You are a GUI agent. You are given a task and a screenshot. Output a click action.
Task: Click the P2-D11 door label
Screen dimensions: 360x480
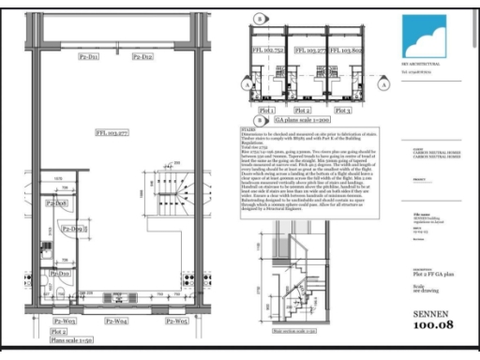[89, 57]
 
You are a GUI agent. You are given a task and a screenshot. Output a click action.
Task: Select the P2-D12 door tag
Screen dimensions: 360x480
[142, 57]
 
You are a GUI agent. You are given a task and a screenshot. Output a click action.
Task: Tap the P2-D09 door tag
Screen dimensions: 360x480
[74, 229]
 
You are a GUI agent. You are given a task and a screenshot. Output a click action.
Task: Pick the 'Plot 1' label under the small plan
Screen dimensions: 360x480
[266, 110]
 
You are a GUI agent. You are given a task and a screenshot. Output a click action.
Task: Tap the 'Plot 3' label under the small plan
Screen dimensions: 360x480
[347, 110]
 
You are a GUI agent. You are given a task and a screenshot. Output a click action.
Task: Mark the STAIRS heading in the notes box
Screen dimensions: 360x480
[247, 132]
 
